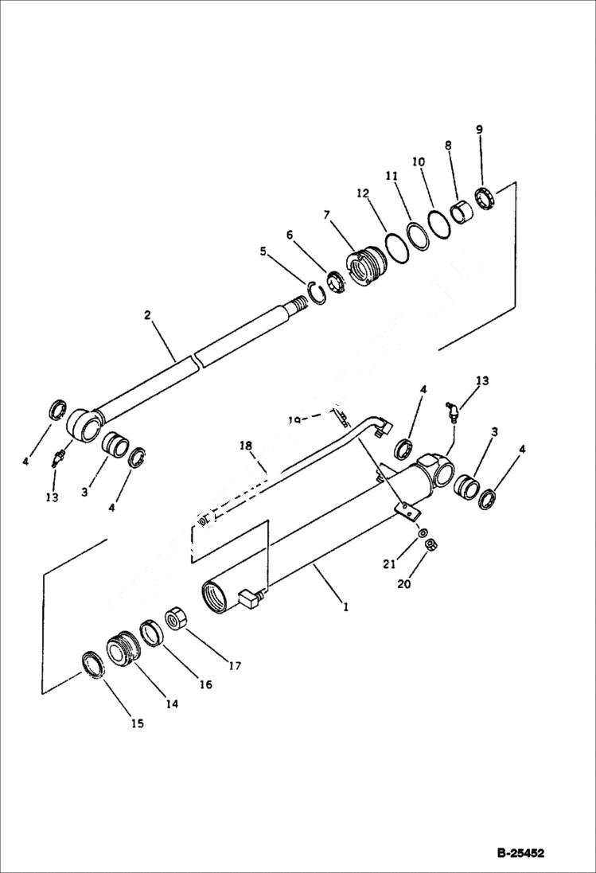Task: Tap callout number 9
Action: [479, 129]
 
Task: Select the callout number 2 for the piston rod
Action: [147, 316]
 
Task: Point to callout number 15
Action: [138, 723]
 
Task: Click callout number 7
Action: [326, 214]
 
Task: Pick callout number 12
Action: [364, 193]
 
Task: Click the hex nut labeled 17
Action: [176, 619]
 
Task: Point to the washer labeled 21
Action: [421, 532]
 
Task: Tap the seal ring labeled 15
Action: [94, 664]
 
